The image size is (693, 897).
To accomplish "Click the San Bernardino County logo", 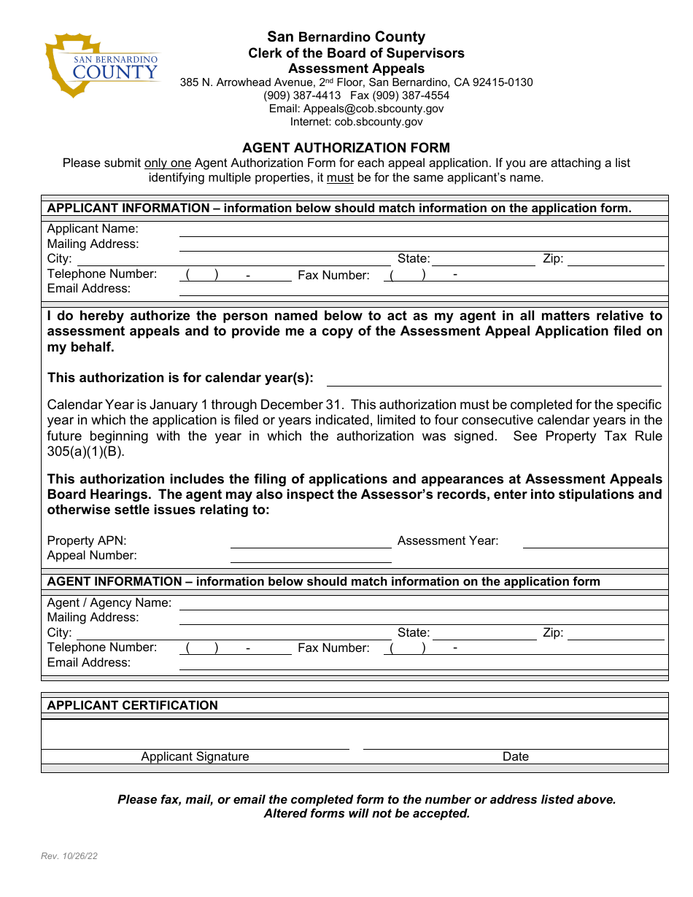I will (x=102, y=66).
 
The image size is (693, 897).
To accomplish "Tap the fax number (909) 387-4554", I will (x=411, y=96).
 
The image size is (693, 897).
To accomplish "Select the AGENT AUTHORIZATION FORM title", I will (x=346, y=148).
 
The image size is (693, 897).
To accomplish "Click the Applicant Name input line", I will (x=423, y=230).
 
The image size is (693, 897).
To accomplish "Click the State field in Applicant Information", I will (x=484, y=260).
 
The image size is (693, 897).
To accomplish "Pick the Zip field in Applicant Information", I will (x=616, y=260).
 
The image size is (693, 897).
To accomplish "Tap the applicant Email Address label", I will (x=89, y=289).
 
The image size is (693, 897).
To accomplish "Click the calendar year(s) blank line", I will (x=493, y=378).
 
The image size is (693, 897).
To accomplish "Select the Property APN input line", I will (x=311, y=541).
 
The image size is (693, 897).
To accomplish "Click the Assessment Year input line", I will (x=595, y=541).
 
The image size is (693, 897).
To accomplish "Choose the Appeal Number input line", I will (x=311, y=556).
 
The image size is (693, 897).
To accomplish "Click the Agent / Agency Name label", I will (x=109, y=603).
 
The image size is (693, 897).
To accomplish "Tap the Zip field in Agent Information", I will (x=616, y=634).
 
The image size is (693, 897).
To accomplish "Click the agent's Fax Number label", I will (x=333, y=648).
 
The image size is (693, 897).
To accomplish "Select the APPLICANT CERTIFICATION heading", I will (x=133, y=706).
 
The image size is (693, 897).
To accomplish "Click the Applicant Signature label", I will (x=195, y=757).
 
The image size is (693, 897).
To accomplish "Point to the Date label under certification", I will (x=515, y=757).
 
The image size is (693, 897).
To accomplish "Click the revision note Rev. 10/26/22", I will (x=69, y=856).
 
